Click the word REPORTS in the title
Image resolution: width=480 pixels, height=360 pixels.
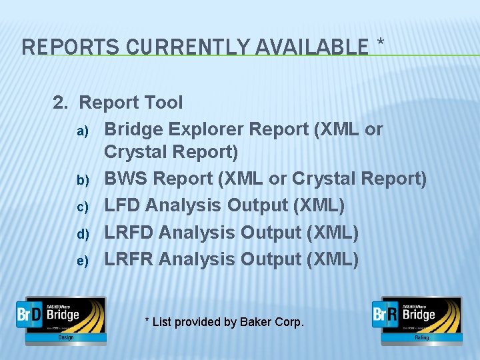pos(61,47)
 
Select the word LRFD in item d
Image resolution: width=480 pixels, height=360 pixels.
pos(129,232)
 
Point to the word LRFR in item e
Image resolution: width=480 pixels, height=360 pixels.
pos(129,259)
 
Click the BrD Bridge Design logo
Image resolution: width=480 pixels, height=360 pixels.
pos(61,319)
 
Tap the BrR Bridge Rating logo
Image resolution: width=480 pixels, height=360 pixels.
pos(417,319)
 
